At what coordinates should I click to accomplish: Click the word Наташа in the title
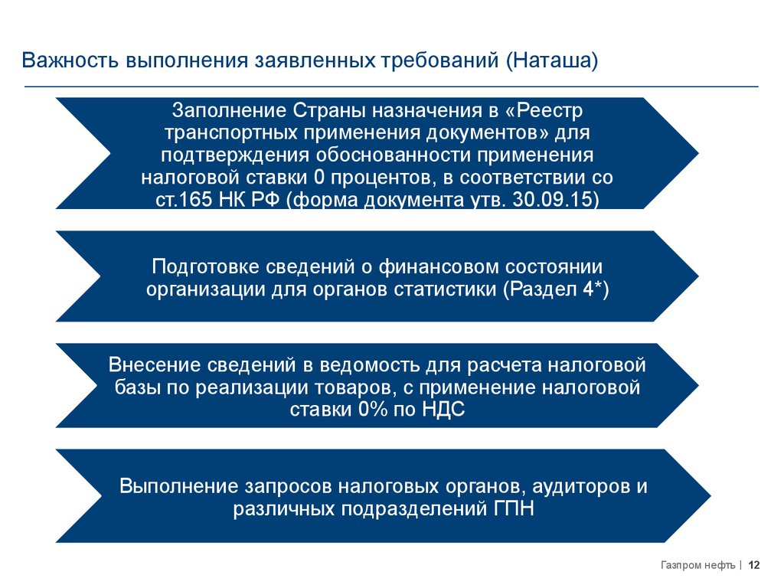[x=551, y=60]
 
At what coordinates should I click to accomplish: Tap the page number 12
[x=754, y=566]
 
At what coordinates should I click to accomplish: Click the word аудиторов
[x=574, y=487]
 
